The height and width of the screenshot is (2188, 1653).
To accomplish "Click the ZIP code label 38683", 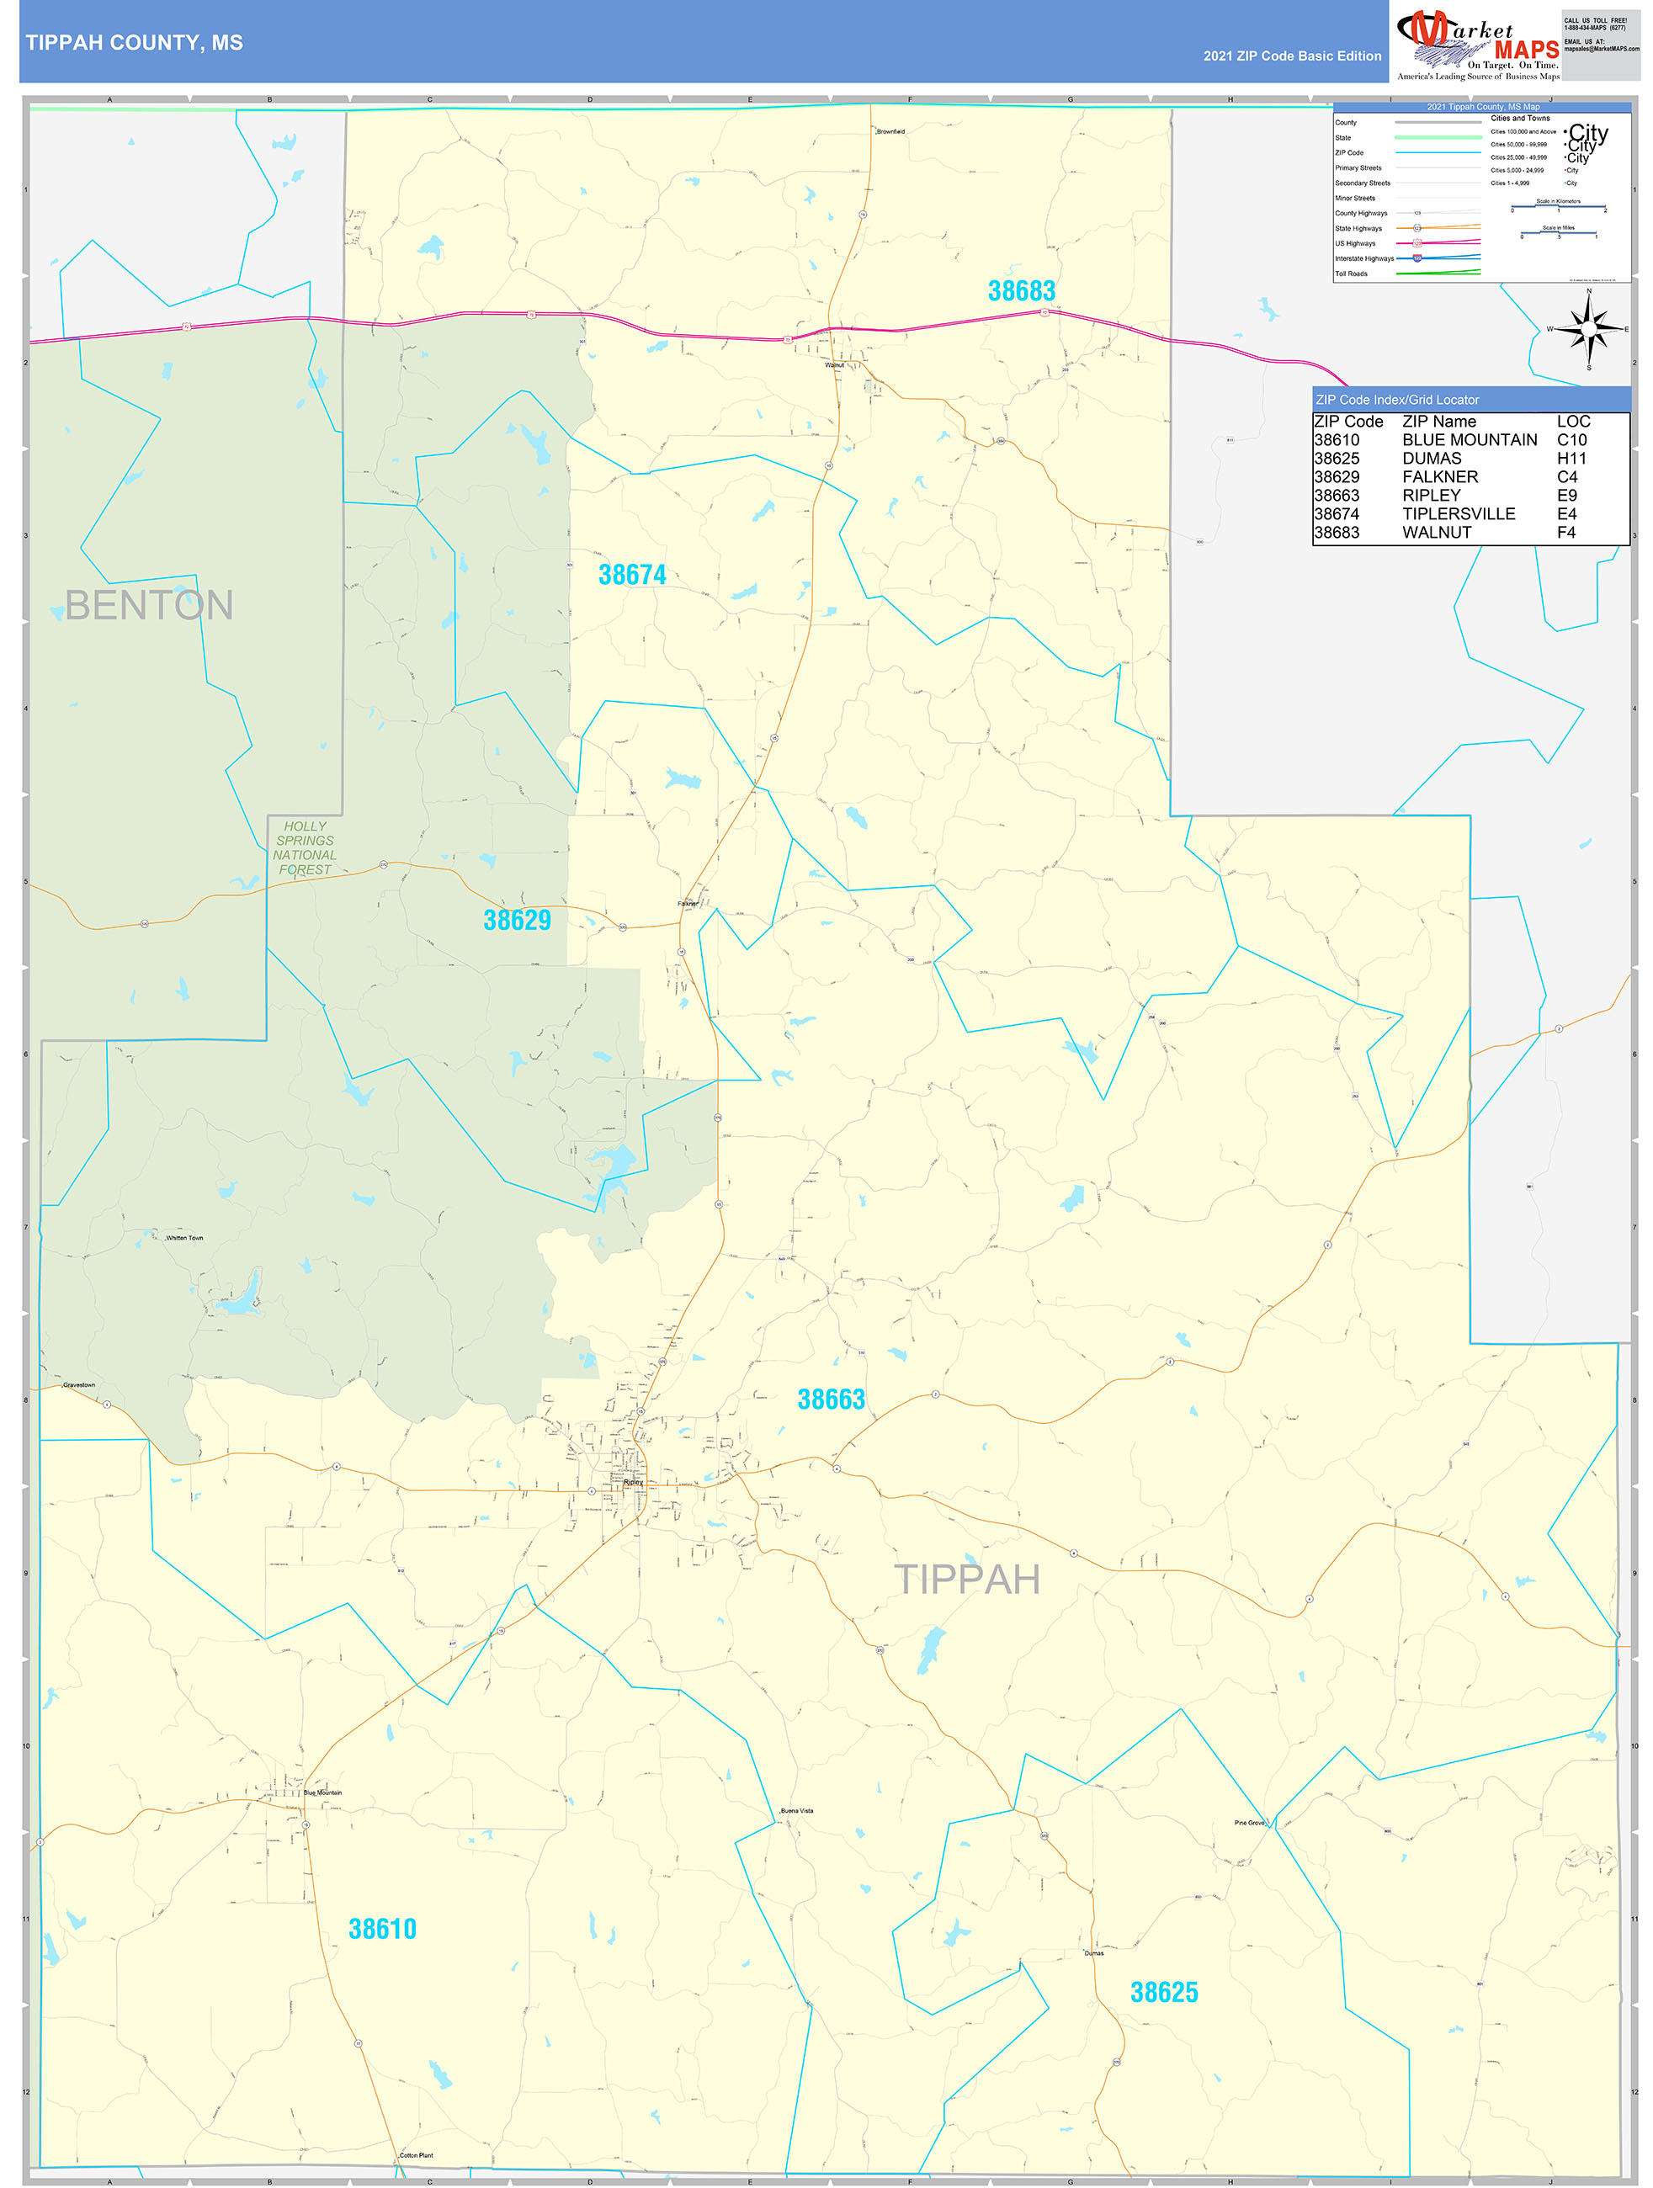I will click(x=1021, y=291).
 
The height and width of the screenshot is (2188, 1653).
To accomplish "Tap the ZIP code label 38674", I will click(x=632, y=575).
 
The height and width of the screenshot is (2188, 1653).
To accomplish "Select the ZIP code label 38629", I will click(x=517, y=920).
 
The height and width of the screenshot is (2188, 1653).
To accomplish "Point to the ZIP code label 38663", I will click(x=831, y=1399).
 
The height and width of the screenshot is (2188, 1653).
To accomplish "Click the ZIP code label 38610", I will click(x=382, y=1929).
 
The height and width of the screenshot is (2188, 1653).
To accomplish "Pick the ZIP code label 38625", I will click(x=1163, y=1992).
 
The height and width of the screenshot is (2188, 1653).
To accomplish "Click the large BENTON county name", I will click(x=148, y=605).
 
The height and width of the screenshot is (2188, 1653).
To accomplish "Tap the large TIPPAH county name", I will click(x=966, y=1580).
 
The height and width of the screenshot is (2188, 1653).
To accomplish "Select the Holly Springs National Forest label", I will click(x=305, y=847).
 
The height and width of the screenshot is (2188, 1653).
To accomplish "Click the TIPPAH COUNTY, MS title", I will click(x=135, y=43).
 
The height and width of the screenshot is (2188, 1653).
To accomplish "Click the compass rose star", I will click(x=1589, y=328).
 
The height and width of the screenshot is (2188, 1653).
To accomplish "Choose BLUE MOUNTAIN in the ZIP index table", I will click(x=1469, y=440).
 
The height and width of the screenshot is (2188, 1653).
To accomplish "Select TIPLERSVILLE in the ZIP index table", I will click(x=1458, y=514).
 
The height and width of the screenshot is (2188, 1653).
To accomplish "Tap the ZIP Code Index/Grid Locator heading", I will click(x=1397, y=400).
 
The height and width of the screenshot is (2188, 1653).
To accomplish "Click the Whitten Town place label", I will click(x=184, y=1237).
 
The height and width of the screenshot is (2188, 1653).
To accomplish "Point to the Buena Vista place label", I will click(x=796, y=1810).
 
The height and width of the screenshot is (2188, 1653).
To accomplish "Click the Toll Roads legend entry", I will click(x=1352, y=274).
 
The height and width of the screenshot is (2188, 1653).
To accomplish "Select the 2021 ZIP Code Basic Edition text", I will click(x=1292, y=56).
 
